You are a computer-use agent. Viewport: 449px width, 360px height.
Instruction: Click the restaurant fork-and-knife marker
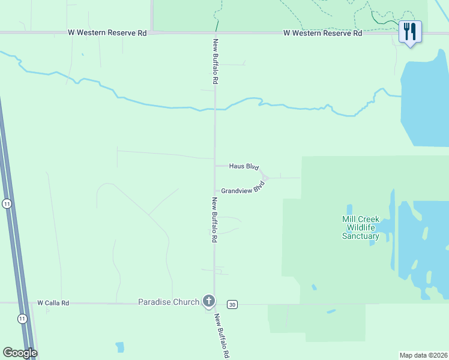(x=411, y=31)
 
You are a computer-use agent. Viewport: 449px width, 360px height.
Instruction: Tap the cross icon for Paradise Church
(x=209, y=301)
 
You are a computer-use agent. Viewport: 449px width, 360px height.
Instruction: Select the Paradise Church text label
(x=168, y=302)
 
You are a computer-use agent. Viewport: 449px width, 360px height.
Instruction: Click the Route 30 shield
(x=233, y=304)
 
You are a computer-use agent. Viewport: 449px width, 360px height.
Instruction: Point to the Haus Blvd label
(x=244, y=166)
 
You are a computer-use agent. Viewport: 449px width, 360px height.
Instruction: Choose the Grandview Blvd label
(x=243, y=189)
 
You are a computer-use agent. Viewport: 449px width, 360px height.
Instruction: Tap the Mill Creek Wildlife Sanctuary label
(x=360, y=227)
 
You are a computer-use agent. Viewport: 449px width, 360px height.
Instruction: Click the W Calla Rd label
(x=53, y=303)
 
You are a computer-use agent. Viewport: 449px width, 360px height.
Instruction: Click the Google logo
(x=20, y=353)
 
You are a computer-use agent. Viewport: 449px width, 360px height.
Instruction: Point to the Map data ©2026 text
(x=423, y=355)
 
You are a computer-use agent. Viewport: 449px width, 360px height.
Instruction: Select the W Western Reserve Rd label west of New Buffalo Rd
(x=107, y=34)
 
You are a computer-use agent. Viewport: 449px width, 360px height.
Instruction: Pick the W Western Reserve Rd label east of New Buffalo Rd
(x=323, y=34)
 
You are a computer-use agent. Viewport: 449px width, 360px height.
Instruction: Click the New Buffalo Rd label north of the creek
(x=214, y=61)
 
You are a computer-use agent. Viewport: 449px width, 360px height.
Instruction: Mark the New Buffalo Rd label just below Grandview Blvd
(x=214, y=219)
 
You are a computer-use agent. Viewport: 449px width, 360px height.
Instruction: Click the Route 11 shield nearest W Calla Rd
(x=22, y=317)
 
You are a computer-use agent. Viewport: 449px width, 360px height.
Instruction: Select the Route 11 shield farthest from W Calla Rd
(x=7, y=204)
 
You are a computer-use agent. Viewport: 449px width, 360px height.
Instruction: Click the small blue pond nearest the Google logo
(x=120, y=347)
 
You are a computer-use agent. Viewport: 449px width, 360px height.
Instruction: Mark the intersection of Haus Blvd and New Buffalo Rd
(x=215, y=166)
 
